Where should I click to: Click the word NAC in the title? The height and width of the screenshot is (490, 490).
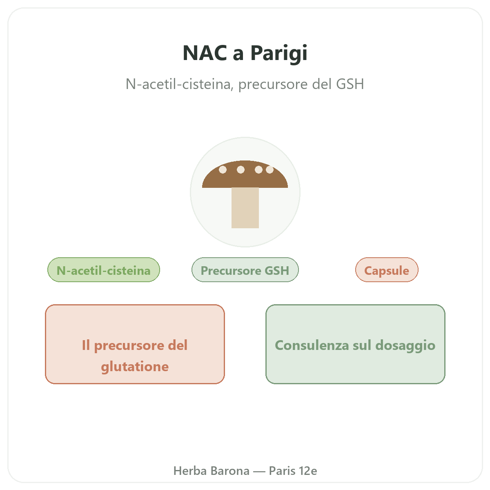(205, 53)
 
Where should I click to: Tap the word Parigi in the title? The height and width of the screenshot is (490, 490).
(279, 53)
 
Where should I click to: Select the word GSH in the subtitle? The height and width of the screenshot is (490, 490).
(350, 84)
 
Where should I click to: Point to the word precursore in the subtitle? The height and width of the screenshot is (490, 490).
(273, 85)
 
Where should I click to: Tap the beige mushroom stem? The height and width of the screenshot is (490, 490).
(245, 208)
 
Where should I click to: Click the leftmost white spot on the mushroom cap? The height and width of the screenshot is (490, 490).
(223, 169)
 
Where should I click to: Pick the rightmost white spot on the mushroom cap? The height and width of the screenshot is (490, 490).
(269, 169)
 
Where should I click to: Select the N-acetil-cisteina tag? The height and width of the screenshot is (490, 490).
(104, 270)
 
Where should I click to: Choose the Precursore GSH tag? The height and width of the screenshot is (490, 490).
(245, 270)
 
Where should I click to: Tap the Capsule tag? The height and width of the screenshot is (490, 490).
(387, 270)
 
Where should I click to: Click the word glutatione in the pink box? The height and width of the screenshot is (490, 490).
(135, 367)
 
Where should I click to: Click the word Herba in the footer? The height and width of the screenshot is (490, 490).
(190, 471)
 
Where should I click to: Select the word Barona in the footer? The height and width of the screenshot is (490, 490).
(230, 471)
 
